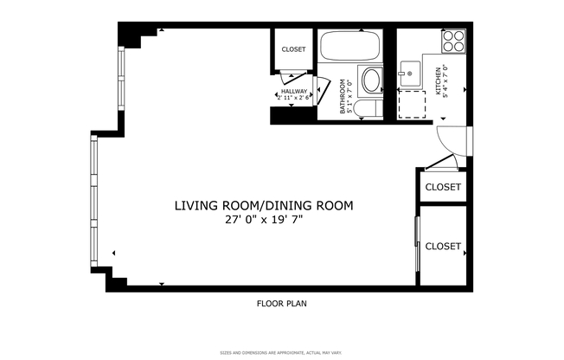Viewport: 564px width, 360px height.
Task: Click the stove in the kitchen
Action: [454, 41]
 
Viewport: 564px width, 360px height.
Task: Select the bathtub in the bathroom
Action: [349, 45]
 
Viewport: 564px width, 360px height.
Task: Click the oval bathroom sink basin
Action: [371, 81]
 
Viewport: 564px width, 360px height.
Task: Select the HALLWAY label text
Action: [294, 91]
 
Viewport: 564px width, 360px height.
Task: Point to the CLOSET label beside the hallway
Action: [294, 49]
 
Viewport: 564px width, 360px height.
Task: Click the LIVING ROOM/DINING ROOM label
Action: [264, 206]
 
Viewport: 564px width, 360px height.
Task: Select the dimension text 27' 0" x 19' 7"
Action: [264, 220]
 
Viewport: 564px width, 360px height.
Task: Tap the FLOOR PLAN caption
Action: [282, 304]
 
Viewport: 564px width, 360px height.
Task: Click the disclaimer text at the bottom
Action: [282, 352]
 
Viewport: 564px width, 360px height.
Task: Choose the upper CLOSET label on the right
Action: [443, 187]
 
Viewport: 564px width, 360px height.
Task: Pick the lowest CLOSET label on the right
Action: [443, 247]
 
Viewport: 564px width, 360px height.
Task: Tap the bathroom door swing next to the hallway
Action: [323, 91]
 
